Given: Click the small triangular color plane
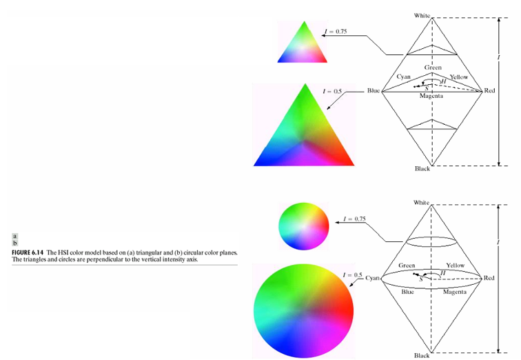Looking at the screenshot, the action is click(x=303, y=46).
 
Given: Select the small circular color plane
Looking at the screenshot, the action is click(x=303, y=226).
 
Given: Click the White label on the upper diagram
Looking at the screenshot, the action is click(x=422, y=14).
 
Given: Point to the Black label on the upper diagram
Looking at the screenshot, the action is click(x=422, y=169).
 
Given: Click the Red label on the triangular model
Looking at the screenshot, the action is click(x=489, y=90).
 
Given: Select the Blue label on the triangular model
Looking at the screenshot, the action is click(x=374, y=90).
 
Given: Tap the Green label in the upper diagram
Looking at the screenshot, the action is click(x=433, y=68).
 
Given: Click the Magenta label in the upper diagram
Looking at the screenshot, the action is click(x=431, y=96).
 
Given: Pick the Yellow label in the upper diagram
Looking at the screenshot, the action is click(x=458, y=77).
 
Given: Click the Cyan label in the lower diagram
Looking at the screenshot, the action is click(x=373, y=277).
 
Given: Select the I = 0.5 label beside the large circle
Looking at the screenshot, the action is click(x=351, y=274).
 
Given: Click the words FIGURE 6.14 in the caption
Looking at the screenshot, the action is click(x=28, y=254).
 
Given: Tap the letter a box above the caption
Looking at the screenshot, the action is click(x=14, y=238).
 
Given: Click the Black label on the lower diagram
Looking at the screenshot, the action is click(x=422, y=355).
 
